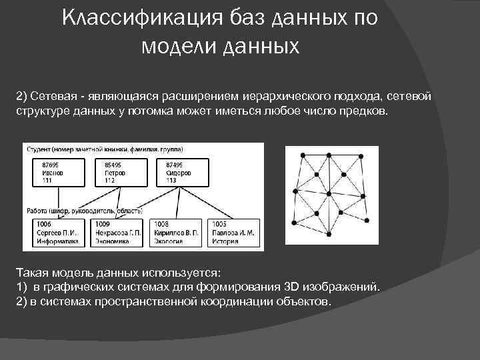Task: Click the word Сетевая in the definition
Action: (x=49, y=97)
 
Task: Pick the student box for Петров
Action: (x=124, y=171)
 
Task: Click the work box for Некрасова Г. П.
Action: (x=117, y=233)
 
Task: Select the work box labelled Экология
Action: (x=177, y=233)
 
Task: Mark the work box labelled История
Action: (x=234, y=233)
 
